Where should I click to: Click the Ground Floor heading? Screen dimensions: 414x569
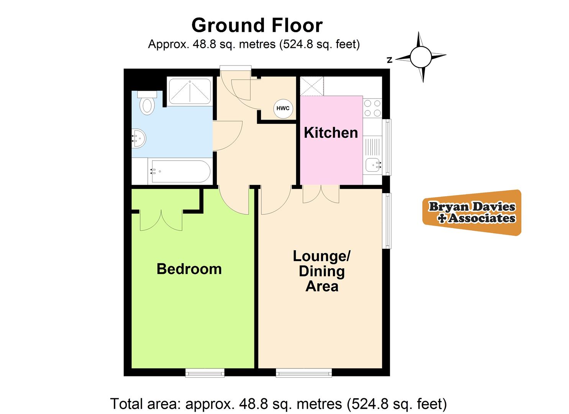257,26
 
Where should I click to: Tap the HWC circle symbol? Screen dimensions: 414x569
283,108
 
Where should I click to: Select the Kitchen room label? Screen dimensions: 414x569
331,133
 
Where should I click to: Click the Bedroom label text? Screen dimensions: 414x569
189,269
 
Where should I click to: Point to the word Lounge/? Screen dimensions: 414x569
321,256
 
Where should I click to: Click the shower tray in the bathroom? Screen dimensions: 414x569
190,91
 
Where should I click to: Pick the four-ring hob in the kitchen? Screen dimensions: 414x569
372,108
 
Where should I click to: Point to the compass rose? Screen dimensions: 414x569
421,57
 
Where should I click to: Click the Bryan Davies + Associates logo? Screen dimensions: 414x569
472,212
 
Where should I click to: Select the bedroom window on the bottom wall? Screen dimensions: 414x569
205,372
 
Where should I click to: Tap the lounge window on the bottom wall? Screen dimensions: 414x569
304,372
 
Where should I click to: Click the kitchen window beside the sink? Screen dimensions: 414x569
388,147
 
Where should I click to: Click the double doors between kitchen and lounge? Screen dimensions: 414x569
321,194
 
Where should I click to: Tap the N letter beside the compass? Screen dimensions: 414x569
390,60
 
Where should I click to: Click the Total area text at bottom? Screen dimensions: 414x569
278,404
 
